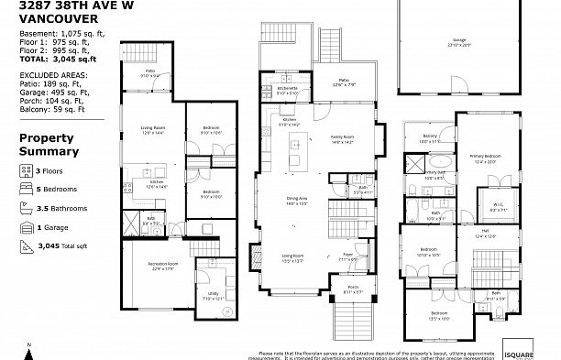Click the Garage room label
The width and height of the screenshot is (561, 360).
[458, 41]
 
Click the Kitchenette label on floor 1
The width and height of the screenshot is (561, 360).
[287, 89]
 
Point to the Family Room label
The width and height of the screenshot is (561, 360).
[342, 137]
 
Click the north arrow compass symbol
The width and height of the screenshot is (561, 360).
[29, 347]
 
